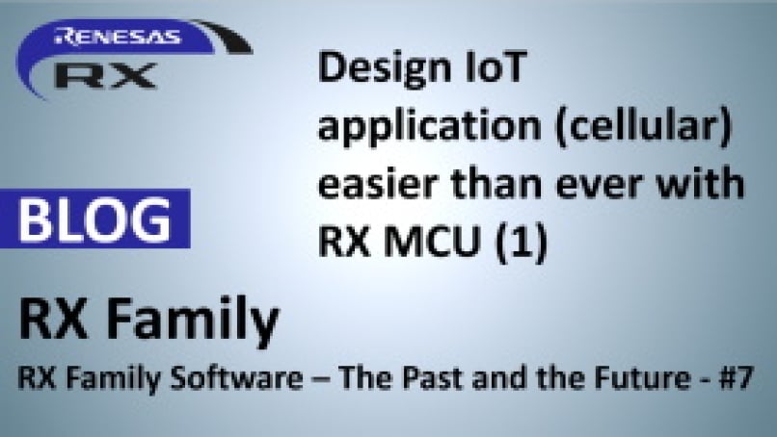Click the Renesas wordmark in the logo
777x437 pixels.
coord(118,37)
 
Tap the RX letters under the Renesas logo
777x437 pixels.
coord(105,75)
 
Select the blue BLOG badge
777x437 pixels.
coord(95,218)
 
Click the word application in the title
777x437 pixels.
coord(429,129)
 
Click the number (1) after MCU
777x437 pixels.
coord(522,243)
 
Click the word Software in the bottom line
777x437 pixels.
coord(236,377)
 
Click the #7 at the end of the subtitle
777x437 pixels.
coord(737,377)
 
